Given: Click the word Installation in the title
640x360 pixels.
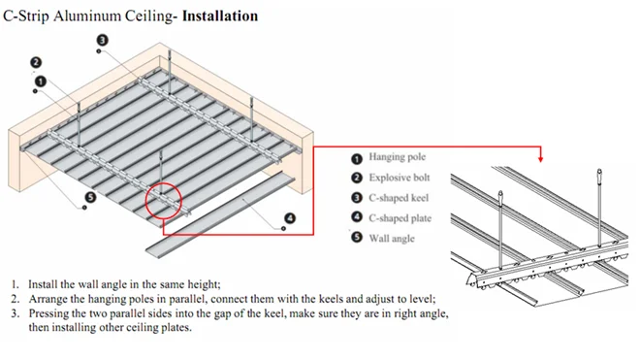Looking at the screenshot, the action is coord(220,16).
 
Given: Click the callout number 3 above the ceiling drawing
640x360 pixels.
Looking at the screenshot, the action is coord(103,40).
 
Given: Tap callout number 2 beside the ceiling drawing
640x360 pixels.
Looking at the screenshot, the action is coord(36,62).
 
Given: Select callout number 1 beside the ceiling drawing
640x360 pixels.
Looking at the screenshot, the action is coord(41,82).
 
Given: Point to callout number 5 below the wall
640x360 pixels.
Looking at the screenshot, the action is coord(90,197).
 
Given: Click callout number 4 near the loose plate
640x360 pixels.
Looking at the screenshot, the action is coord(290,218).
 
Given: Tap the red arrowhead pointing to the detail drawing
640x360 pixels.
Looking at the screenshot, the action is coord(541,159).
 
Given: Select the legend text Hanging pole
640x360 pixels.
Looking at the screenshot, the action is coord(398,157).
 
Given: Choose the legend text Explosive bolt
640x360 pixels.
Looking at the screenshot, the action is coord(400,178).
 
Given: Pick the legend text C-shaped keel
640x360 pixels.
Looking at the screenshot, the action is coord(399,198).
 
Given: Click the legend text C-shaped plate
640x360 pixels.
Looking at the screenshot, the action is coord(400,218).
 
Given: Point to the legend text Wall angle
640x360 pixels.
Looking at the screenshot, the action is coord(392,239).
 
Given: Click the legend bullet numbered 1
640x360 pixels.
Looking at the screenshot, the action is coord(357,159).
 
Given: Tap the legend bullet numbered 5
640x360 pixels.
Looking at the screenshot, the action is coord(357,237).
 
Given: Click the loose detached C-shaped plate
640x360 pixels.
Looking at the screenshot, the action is coord(220,215).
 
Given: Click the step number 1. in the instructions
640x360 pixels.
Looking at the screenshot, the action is coord(16,284).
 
